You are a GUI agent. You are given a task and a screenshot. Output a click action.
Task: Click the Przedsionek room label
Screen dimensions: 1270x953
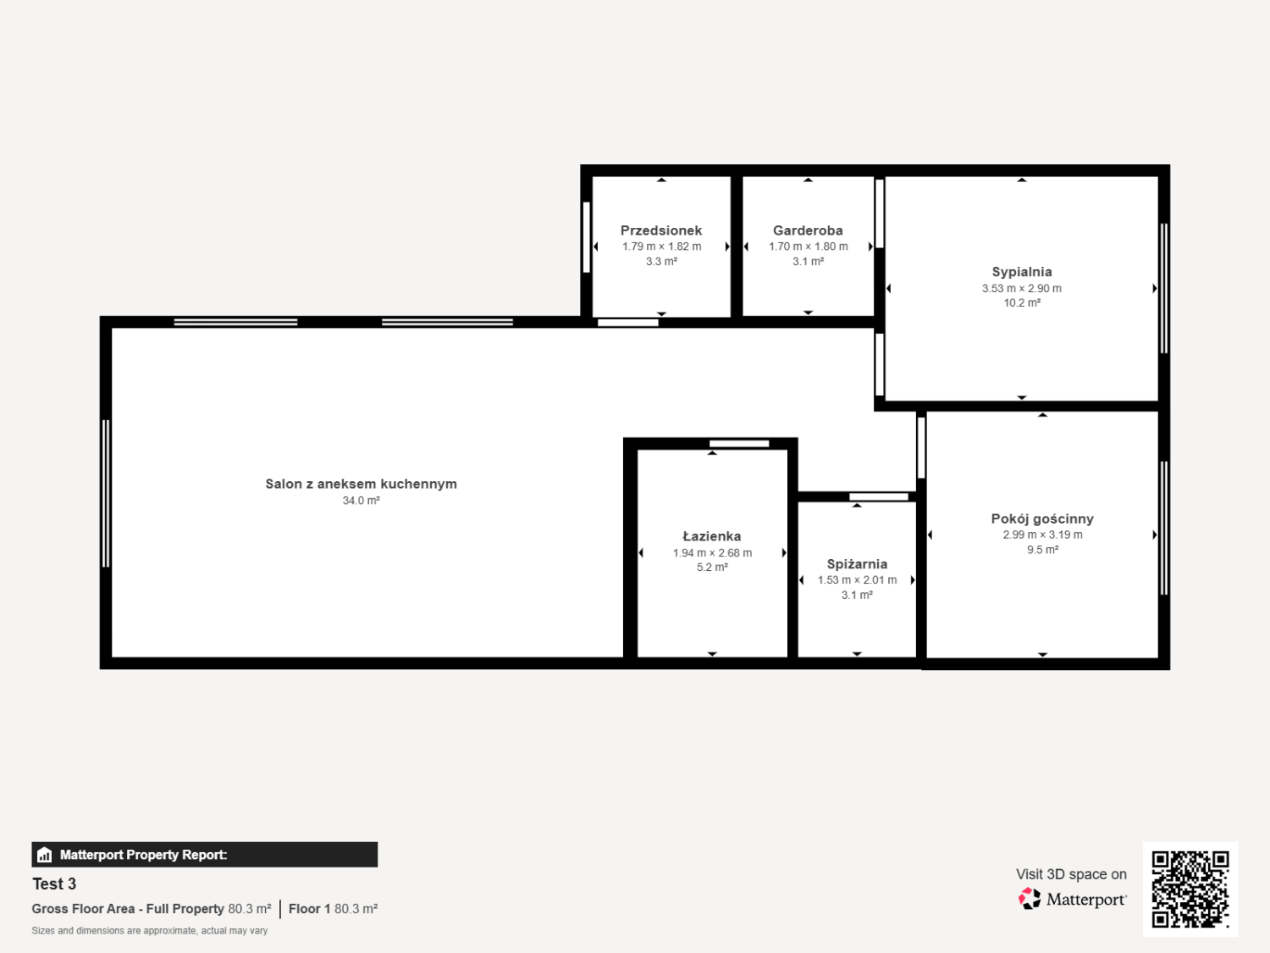pyautogui.click(x=660, y=230)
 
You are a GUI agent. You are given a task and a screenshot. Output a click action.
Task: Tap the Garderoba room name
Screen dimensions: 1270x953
pyautogui.click(x=808, y=230)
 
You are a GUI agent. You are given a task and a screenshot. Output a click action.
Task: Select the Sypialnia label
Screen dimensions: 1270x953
pyautogui.click(x=1022, y=272)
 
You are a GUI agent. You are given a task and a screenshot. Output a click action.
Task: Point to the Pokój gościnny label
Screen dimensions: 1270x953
pyautogui.click(x=1042, y=519)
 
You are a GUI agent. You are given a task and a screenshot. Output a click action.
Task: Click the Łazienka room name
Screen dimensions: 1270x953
pyautogui.click(x=712, y=536)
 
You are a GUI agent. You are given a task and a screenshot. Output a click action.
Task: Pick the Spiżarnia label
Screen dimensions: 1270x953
pyautogui.click(x=857, y=564)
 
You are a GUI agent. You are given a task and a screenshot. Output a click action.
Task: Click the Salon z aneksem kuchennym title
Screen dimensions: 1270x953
pyautogui.click(x=361, y=484)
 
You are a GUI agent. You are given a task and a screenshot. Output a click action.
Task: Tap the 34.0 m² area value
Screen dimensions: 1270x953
pyautogui.click(x=361, y=501)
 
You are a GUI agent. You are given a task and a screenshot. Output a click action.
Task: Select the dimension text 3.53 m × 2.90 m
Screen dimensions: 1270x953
pyautogui.click(x=1022, y=288)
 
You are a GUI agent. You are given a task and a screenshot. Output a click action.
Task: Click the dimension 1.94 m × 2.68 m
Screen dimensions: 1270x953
pyautogui.click(x=712, y=552)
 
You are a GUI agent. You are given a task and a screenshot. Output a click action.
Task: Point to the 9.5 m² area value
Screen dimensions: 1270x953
pyautogui.click(x=1042, y=550)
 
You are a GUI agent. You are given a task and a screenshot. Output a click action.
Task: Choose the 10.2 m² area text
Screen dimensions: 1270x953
pyautogui.click(x=1022, y=302)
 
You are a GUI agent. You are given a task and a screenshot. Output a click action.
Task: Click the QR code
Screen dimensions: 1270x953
pyautogui.click(x=1190, y=889)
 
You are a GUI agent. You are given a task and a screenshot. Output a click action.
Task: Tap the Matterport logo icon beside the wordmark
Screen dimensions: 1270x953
pyautogui.click(x=1030, y=899)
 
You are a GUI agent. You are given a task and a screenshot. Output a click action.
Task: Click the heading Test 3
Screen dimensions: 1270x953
pyautogui.click(x=54, y=884)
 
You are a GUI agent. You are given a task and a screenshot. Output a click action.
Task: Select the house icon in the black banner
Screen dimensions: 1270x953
pyautogui.click(x=45, y=855)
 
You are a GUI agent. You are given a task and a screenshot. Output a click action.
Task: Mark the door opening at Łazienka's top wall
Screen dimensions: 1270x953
pyautogui.click(x=739, y=444)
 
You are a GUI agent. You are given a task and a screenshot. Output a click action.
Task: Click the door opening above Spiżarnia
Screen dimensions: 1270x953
pyautogui.click(x=878, y=496)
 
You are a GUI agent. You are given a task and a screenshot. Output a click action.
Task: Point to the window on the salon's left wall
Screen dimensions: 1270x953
pyautogui.click(x=106, y=494)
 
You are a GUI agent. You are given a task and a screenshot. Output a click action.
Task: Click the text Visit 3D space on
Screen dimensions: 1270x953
pyautogui.click(x=1072, y=874)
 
